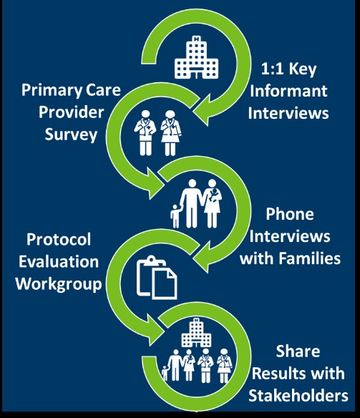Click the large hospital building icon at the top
pyautogui.click(x=196, y=57)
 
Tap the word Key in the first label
pyautogui.click(x=303, y=69)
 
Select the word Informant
pyautogui.click(x=288, y=91)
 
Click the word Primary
pyautogui.click(x=52, y=91)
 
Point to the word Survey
pyautogui.click(x=71, y=135)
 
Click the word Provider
pyautogui.click(x=71, y=112)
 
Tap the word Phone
pyautogui.click(x=290, y=214)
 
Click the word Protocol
pyautogui.click(x=59, y=239)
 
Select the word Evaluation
pyautogui.click(x=59, y=261)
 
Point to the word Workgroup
pyautogui.click(x=59, y=284)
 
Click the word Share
pyautogui.click(x=298, y=351)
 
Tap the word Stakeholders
pyautogui.click(x=298, y=396)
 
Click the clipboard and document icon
pyautogui.click(x=157, y=277)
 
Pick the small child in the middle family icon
pyautogui.click(x=175, y=216)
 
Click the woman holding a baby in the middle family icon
pyautogui.click(x=213, y=203)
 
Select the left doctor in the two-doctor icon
pyautogui.click(x=145, y=132)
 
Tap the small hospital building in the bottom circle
pyautogui.click(x=196, y=332)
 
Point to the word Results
pyautogui.click(x=278, y=374)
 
